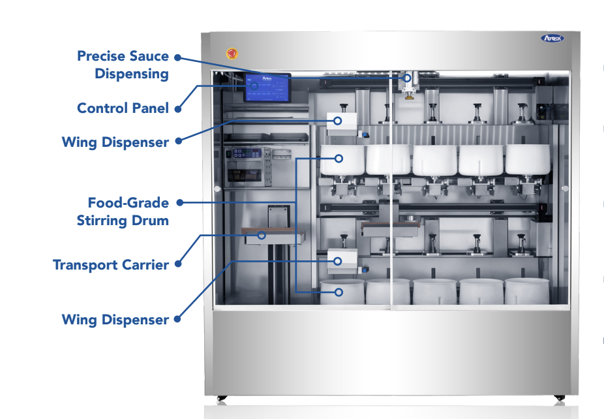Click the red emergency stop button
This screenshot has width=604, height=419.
click(231, 54)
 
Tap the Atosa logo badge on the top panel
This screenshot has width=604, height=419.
click(552, 39)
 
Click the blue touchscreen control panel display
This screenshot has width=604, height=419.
click(267, 87)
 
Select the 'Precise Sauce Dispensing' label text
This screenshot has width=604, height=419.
click(123, 65)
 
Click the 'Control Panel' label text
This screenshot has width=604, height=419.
click(123, 108)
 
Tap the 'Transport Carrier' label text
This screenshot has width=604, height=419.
click(111, 265)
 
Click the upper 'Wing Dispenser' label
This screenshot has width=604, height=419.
click(115, 142)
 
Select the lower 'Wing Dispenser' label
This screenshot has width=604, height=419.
click(115, 320)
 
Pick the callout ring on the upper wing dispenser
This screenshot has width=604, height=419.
click(338, 121)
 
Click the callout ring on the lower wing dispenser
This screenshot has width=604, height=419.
click(338, 261)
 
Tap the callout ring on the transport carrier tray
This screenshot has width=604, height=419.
click(262, 235)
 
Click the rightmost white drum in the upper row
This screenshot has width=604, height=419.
click(528, 159)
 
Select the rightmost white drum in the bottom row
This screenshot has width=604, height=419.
click(526, 291)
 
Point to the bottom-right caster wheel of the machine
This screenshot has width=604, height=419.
click(558, 397)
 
